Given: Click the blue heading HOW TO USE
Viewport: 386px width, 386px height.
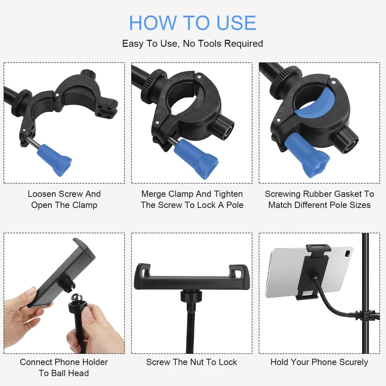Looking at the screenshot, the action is click(193, 23).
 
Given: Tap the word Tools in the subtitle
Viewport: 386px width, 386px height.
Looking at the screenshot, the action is click(210, 44).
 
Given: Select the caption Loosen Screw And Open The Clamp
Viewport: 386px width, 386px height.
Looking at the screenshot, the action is click(64, 200).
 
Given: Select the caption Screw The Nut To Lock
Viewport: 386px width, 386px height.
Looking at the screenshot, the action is click(191, 362).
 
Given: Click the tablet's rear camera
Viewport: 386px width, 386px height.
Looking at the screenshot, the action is click(348, 253).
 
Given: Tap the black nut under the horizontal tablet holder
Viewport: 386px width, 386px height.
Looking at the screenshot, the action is click(191, 296).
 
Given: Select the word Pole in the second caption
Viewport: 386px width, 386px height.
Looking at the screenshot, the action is click(235, 205).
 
